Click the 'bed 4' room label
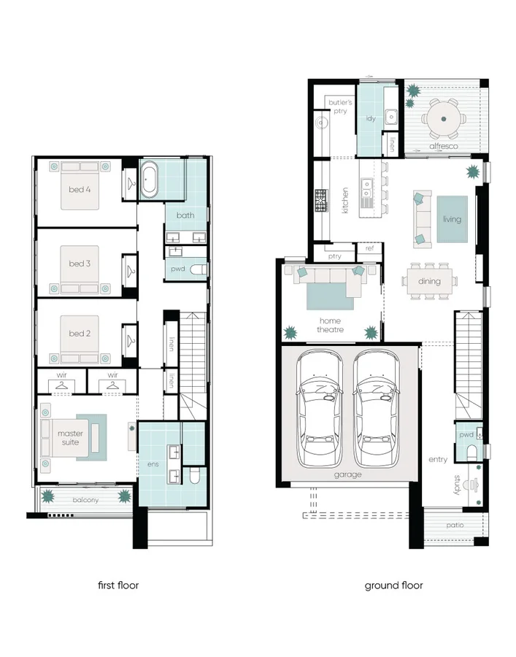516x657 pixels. (x=80, y=189)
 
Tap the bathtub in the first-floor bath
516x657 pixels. (x=149, y=181)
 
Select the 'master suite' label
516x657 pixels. (x=70, y=438)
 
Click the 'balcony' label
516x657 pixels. (x=85, y=500)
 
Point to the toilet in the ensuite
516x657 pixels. (x=195, y=476)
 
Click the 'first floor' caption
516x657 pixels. (x=118, y=585)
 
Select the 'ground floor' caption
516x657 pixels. (x=393, y=585)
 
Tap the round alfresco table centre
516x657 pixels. (x=444, y=119)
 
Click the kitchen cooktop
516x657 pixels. (x=321, y=201)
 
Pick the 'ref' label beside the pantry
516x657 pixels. (x=369, y=248)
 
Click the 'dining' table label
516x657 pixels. (x=429, y=281)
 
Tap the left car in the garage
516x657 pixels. (x=319, y=409)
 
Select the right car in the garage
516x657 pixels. (x=376, y=409)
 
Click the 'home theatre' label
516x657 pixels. (x=330, y=325)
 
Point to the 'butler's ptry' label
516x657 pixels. (x=340, y=107)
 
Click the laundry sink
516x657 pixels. (x=391, y=117)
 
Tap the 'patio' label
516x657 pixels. (x=455, y=525)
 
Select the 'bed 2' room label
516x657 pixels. (x=80, y=334)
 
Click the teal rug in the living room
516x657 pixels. (x=453, y=219)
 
